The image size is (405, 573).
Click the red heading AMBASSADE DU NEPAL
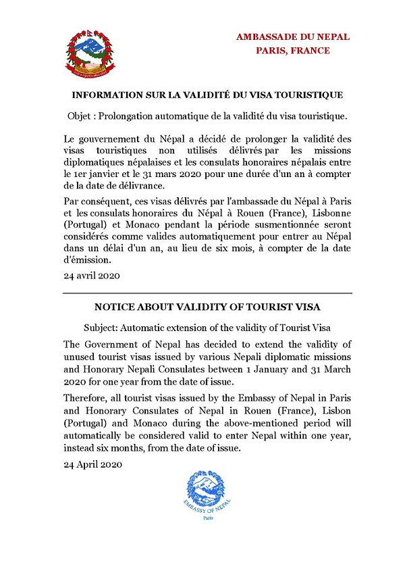pyautogui.click(x=293, y=36)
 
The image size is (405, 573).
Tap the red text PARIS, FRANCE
pyautogui.click(x=293, y=51)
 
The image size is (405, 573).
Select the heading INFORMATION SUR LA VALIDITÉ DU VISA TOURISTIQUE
pyautogui.click(x=208, y=94)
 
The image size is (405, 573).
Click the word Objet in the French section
pyautogui.click(x=82, y=116)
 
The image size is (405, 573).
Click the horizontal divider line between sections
pyautogui.click(x=208, y=293)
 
